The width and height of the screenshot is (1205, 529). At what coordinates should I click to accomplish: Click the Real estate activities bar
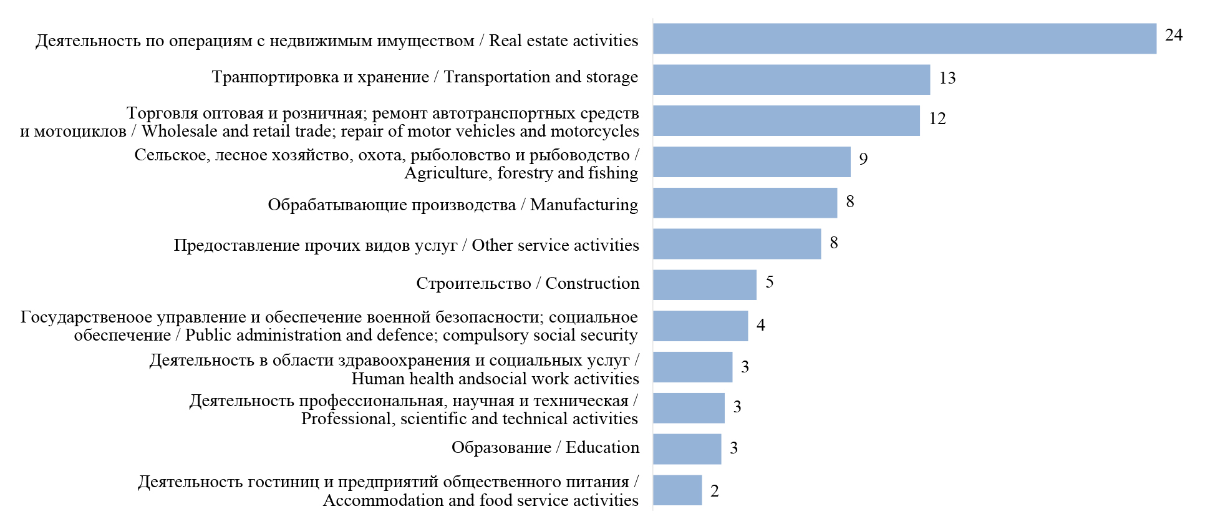[904, 39]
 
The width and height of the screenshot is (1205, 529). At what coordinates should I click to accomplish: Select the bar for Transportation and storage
[791, 80]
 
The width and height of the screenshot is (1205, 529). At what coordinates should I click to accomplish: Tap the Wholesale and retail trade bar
[786, 120]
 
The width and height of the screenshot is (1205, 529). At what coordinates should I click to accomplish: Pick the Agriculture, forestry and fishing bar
[751, 162]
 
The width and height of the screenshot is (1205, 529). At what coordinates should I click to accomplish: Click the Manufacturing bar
[745, 203]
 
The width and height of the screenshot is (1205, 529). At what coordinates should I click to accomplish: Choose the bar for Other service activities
[737, 244]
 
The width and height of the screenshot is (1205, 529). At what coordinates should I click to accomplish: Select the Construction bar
[704, 285]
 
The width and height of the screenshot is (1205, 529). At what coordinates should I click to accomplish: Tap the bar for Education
[687, 449]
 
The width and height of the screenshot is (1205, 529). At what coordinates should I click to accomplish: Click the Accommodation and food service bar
[677, 490]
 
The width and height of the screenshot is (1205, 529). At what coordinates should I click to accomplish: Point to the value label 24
[1173, 36]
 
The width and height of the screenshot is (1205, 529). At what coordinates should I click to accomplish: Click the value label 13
[947, 78]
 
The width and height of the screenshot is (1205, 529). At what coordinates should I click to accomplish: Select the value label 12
[937, 119]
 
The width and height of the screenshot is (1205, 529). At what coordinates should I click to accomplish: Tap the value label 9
[863, 159]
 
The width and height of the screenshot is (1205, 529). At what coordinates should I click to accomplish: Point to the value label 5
[770, 282]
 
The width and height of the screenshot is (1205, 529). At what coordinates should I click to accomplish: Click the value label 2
[715, 491]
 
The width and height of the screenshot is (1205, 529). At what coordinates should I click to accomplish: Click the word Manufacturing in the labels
[584, 205]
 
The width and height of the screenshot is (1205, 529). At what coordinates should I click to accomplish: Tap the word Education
[602, 447]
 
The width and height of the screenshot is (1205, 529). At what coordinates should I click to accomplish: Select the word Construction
[592, 283]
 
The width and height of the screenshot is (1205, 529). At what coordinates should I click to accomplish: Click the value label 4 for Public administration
[761, 325]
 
